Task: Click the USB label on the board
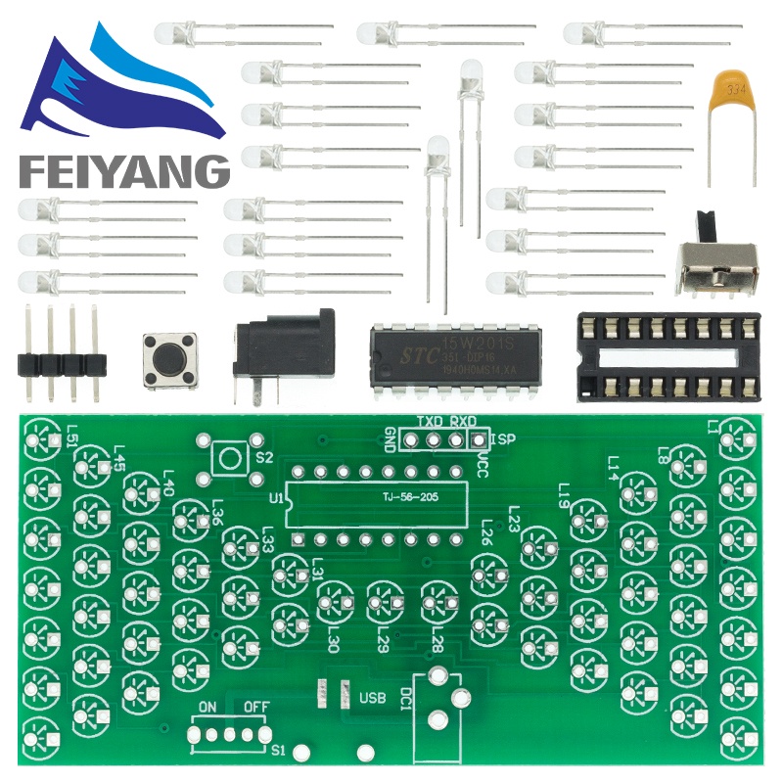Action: pyautogui.click(x=373, y=699)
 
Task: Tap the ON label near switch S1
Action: pyautogui.click(x=207, y=707)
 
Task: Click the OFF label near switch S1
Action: pyautogui.click(x=256, y=707)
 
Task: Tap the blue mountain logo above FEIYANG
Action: pyautogui.click(x=117, y=88)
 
